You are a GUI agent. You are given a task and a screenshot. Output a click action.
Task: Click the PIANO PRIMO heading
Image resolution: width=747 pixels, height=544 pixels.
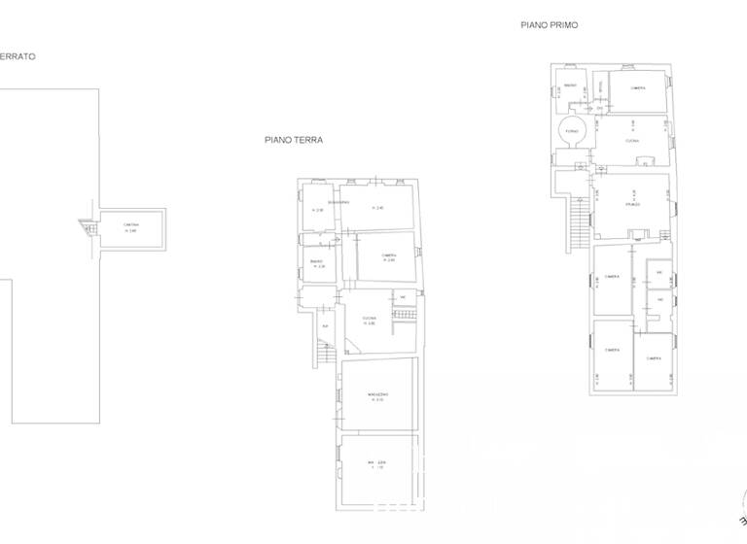click(550, 26)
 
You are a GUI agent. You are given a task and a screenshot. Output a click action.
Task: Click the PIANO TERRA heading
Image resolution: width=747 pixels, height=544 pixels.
click(294, 140)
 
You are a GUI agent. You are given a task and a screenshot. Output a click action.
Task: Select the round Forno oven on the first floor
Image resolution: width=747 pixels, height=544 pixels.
click(571, 131)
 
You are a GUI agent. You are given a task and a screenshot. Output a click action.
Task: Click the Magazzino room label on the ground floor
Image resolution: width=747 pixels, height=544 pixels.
click(377, 393)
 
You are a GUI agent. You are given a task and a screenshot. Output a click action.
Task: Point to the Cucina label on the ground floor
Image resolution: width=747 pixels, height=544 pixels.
click(369, 319)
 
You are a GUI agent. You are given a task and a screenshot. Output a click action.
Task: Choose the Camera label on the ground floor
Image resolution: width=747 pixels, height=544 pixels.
click(388, 255)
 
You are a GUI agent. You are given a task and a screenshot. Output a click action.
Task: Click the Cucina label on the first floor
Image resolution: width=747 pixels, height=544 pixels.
click(632, 142)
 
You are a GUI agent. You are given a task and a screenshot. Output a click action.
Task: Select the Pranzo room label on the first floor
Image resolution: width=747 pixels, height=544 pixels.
click(632, 205)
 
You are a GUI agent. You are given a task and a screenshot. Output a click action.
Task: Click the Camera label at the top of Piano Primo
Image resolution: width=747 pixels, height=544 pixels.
click(638, 88)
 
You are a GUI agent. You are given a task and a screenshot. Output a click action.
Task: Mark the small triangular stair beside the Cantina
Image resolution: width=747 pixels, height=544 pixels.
click(85, 226)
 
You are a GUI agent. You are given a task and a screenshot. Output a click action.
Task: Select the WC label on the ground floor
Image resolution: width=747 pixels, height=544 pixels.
click(401, 297)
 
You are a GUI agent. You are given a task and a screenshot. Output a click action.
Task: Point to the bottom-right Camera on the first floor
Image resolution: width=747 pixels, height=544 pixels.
click(654, 358)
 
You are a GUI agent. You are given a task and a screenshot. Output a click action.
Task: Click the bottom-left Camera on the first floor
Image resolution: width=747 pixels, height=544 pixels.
click(612, 350)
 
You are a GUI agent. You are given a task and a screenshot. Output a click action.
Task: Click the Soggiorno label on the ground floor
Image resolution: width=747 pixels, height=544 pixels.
click(337, 202)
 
